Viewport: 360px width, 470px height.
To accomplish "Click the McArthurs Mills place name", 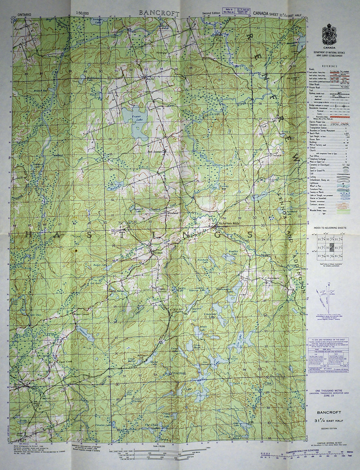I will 230,223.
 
